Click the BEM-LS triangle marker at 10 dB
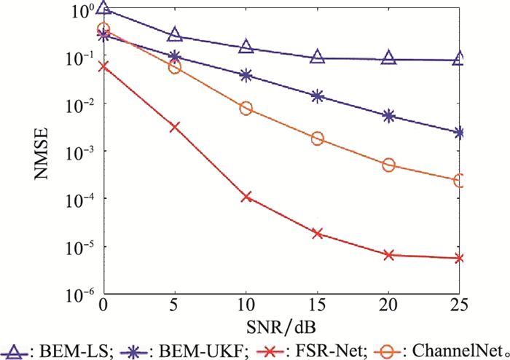click(x=246, y=47)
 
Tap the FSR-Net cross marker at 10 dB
click(x=246, y=197)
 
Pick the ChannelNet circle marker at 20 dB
click(x=389, y=165)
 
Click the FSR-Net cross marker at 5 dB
click(x=175, y=127)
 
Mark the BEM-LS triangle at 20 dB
click(x=389, y=58)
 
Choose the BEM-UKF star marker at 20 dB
click(x=389, y=116)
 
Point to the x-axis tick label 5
click(x=175, y=303)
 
